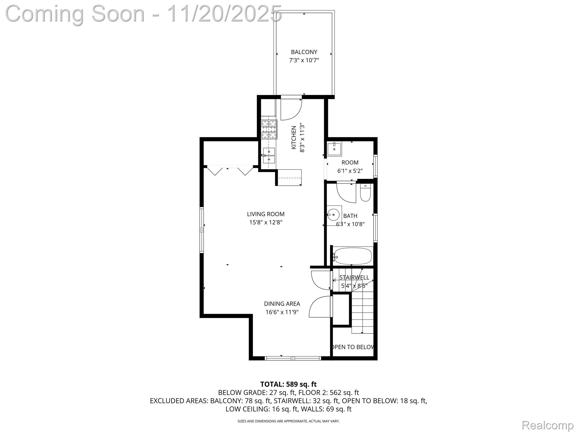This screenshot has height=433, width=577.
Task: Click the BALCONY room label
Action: point(304,52)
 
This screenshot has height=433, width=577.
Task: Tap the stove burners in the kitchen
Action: point(269,129)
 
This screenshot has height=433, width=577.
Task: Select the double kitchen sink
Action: point(269,156)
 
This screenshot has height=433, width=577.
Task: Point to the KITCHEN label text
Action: point(294,138)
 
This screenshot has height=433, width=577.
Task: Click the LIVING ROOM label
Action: point(266,214)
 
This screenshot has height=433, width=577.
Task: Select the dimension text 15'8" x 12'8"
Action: point(266,222)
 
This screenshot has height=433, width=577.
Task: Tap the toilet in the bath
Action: point(365,193)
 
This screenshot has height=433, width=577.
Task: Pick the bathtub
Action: point(352,256)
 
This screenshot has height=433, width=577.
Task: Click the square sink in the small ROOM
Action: point(334,149)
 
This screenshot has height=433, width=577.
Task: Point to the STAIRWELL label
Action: point(354,277)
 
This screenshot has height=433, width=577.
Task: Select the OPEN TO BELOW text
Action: point(353,347)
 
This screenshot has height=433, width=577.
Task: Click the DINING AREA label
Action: point(282,304)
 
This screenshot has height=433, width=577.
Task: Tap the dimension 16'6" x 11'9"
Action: point(282,312)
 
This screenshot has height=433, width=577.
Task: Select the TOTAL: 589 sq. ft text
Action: point(288,384)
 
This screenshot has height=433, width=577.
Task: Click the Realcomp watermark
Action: point(547,425)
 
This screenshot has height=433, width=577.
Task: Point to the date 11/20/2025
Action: point(224,14)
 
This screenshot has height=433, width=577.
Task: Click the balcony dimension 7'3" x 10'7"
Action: point(304,60)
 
